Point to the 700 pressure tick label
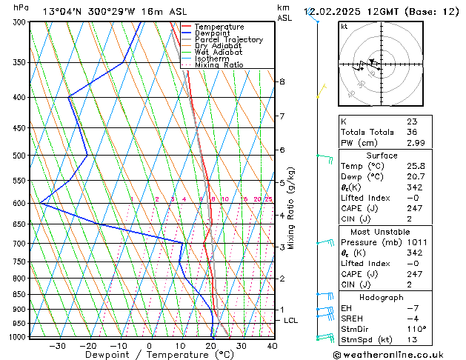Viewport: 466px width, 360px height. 20,244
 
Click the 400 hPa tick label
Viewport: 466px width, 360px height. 20,98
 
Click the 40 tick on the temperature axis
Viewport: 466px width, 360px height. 272,345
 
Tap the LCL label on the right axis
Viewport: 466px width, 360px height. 290,320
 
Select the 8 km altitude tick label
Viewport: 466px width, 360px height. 282,81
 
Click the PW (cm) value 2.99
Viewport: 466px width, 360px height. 416,142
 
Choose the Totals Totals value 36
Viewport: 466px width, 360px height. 412,132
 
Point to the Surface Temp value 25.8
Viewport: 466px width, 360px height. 416,166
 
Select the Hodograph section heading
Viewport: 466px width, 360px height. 381,297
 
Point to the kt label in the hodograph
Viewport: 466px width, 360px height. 344,27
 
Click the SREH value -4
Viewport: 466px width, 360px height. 412,319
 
